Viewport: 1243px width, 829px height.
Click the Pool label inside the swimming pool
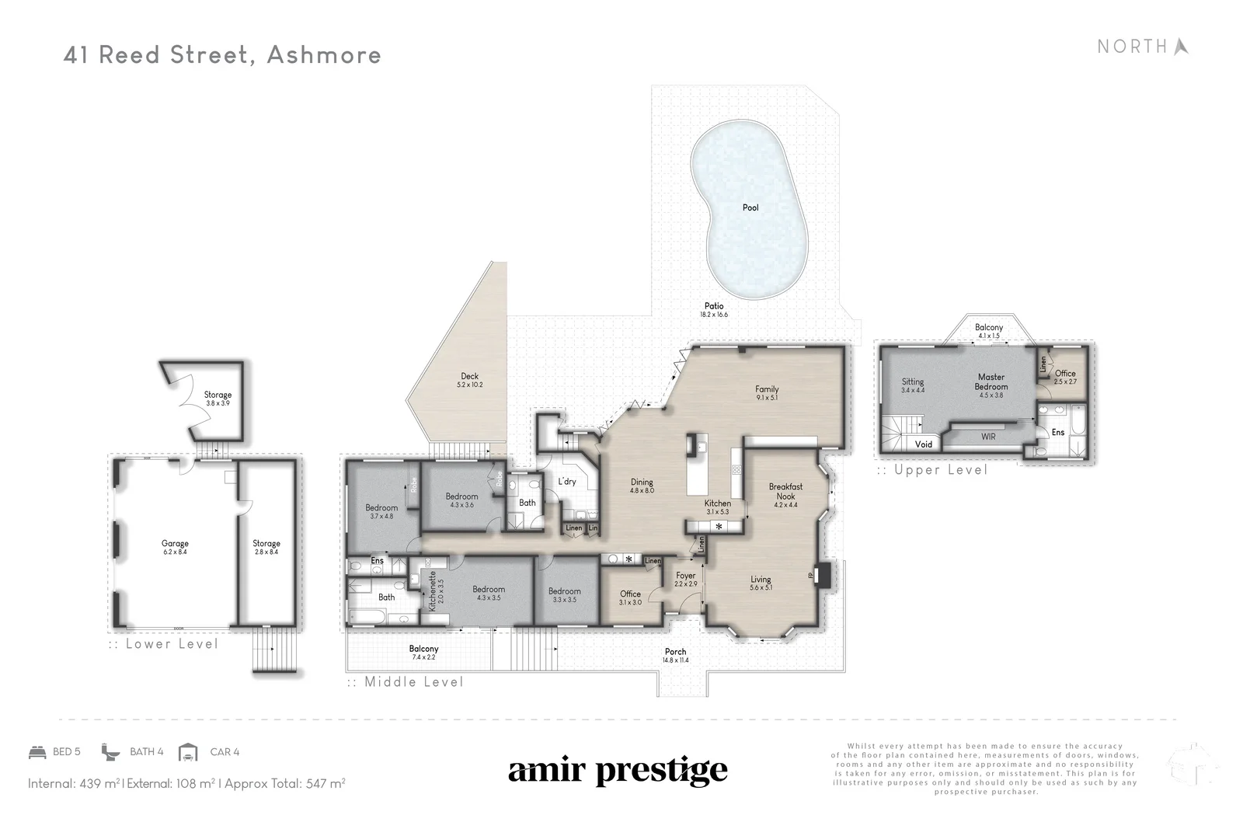pos(750,207)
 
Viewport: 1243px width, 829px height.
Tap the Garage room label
pos(175,544)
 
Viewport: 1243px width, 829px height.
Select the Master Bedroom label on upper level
pos(991,381)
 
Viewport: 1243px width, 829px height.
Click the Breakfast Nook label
pos(785,491)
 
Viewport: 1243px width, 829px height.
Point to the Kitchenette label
pos(432,590)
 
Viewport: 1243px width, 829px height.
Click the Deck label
pos(469,376)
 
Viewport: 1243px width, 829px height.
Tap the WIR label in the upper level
pos(987,437)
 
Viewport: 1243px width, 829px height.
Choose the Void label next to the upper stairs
pos(923,444)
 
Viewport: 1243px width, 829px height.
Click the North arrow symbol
pos(1181,47)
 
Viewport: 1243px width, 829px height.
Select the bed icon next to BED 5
pos(37,752)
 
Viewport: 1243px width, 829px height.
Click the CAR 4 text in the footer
pos(225,752)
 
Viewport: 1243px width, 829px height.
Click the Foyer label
pos(685,576)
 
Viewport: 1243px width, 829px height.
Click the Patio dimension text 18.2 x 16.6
pos(713,315)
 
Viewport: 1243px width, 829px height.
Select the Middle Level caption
pos(413,682)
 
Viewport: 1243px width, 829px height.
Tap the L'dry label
pos(567,482)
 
